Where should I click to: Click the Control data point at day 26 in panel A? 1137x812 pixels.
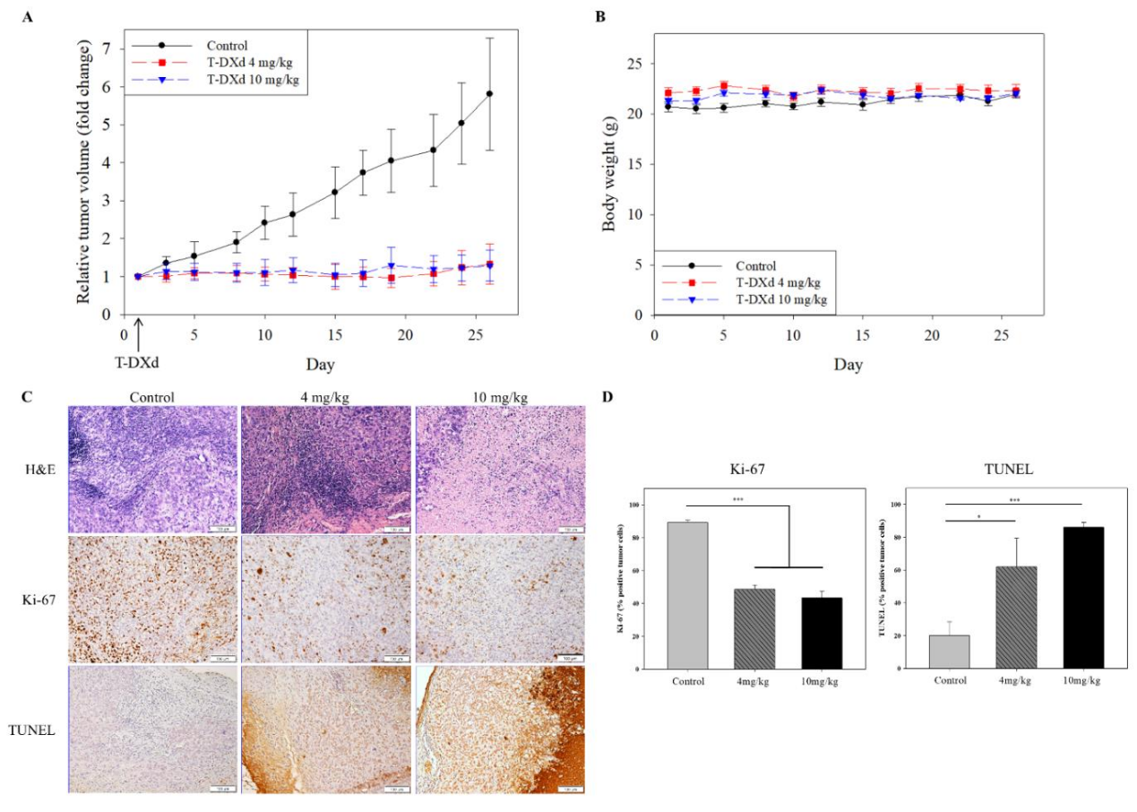click(x=489, y=93)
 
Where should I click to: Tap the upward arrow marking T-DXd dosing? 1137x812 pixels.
click(x=138, y=335)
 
